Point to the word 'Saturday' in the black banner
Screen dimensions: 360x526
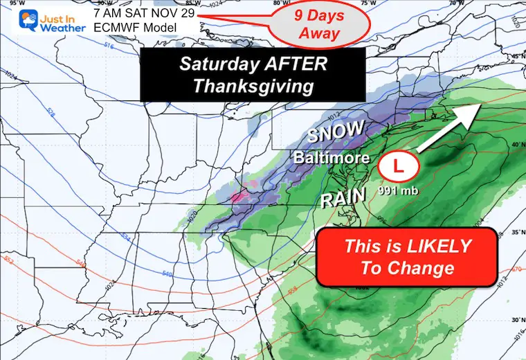pyautogui.click(x=219, y=64)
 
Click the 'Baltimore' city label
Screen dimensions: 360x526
pyautogui.click(x=331, y=159)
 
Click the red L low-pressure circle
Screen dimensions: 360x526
pyautogui.click(x=398, y=167)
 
